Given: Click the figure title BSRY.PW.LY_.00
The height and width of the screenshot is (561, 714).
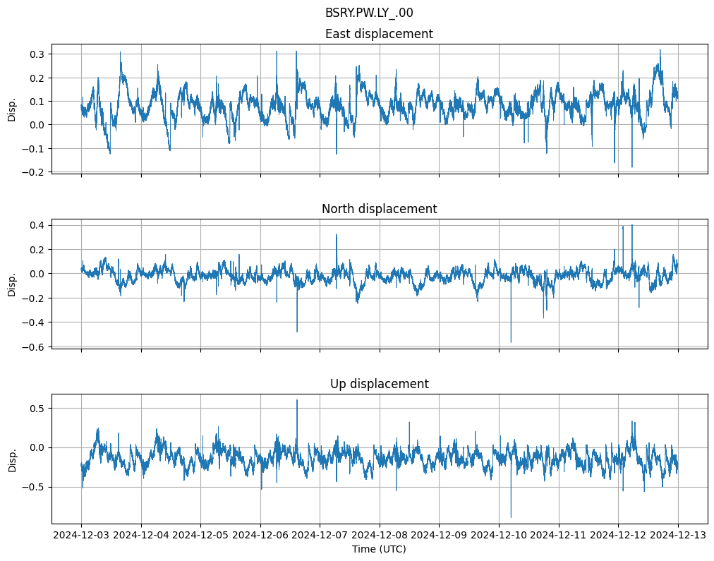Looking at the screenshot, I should pyautogui.click(x=369, y=13).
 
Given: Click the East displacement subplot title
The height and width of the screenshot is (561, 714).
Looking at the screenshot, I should pyautogui.click(x=379, y=34).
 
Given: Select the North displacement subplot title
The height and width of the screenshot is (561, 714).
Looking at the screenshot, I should pyautogui.click(x=379, y=209).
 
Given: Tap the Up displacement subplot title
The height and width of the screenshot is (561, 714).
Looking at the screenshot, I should pyautogui.click(x=379, y=384).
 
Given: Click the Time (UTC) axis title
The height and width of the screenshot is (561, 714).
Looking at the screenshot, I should pyautogui.click(x=379, y=549).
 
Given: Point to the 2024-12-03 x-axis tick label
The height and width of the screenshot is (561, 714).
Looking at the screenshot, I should pyautogui.click(x=81, y=536).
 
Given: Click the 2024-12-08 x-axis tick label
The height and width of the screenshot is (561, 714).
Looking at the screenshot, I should pyautogui.click(x=380, y=536).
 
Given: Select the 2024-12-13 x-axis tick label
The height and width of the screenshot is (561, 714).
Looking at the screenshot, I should pyautogui.click(x=678, y=536).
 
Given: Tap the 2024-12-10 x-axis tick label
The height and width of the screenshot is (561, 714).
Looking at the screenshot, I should pyautogui.click(x=499, y=536).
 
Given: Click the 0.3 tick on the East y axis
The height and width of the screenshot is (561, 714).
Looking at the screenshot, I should pyautogui.click(x=37, y=54).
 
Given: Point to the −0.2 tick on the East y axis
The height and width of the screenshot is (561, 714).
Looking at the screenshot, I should pyautogui.click(x=34, y=172).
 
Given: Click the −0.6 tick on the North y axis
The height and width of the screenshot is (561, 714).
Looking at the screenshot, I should pyautogui.click(x=34, y=347).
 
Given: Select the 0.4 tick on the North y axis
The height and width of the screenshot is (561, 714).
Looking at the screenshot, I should pyautogui.click(x=37, y=225).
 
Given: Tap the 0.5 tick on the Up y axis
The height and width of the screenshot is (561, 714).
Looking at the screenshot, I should pyautogui.click(x=37, y=409).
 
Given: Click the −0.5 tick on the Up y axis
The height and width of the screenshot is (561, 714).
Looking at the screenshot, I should pyautogui.click(x=34, y=488).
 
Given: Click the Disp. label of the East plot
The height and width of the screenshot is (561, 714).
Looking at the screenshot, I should pyautogui.click(x=12, y=109).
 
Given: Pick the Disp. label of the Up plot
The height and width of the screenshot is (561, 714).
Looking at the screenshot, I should pyautogui.click(x=12, y=459).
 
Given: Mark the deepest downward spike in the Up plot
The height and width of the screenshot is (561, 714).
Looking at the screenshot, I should pyautogui.click(x=511, y=517).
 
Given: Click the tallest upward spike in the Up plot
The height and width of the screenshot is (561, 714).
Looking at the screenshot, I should pyautogui.click(x=297, y=400).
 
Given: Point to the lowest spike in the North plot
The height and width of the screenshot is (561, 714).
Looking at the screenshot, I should pyautogui.click(x=511, y=342).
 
